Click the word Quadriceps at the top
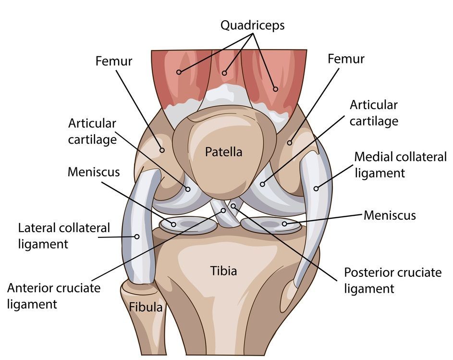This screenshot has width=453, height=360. (252, 25)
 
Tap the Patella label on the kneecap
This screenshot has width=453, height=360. (223, 152)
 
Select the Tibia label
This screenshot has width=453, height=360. (223, 271)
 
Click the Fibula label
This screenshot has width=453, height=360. (145, 307)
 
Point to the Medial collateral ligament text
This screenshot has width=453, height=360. (400, 164)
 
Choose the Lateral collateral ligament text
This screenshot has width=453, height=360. (64, 236)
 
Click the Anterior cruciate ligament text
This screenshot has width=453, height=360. (54, 296)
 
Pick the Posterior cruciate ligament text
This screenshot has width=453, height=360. (392, 280)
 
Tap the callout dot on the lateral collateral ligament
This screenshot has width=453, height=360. (136, 236)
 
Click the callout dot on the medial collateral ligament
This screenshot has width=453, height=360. (316, 188)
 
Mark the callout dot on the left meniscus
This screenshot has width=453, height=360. (174, 224)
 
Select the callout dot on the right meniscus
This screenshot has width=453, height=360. (284, 223)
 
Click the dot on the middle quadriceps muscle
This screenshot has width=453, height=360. (224, 74)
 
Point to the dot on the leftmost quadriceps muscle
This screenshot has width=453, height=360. (179, 72)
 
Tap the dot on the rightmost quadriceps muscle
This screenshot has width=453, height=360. (275, 89)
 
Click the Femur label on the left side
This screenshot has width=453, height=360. (114, 61)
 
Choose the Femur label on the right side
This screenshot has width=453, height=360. (346, 59)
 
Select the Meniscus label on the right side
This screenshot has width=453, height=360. (390, 215)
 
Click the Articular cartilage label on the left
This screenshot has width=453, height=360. (92, 131)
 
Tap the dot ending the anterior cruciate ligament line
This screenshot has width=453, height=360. (223, 211)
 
